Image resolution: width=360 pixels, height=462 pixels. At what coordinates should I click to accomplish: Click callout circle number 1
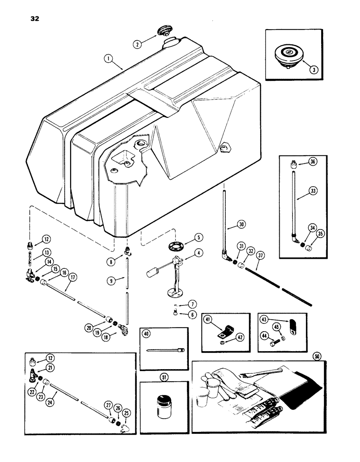point(108,59)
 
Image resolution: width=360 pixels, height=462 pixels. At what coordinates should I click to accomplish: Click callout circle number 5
point(199,237)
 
